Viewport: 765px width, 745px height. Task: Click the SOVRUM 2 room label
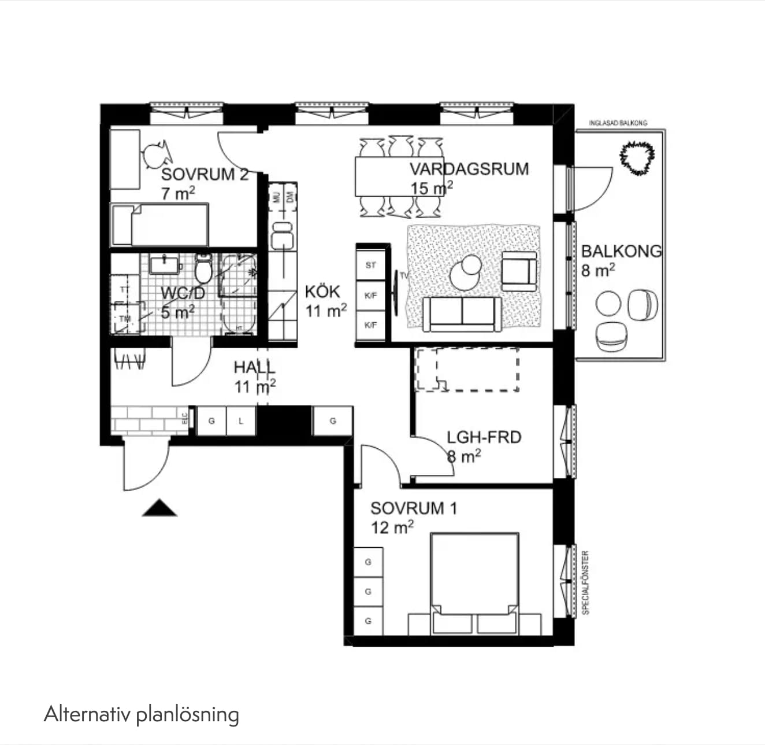[x=205, y=174]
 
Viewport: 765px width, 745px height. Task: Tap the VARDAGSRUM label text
[x=469, y=169]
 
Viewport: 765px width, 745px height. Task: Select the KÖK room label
[x=322, y=292]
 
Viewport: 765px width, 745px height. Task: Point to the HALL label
[x=254, y=367]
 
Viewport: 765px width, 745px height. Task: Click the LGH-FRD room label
[x=484, y=437]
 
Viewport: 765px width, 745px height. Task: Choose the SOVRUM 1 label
[x=413, y=508]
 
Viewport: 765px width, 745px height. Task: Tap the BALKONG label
[x=621, y=251]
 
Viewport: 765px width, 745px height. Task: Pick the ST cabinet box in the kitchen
[x=370, y=265]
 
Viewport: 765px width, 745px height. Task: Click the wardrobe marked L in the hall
[x=241, y=421]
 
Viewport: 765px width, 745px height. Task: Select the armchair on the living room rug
[x=518, y=271]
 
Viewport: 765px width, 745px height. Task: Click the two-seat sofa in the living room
[x=462, y=314]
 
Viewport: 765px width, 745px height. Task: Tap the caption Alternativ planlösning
[x=142, y=714]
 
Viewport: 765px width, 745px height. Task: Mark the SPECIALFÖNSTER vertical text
[x=585, y=582]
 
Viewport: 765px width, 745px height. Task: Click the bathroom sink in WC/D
[x=165, y=265]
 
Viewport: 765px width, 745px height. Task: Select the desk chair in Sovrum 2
[x=155, y=154]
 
